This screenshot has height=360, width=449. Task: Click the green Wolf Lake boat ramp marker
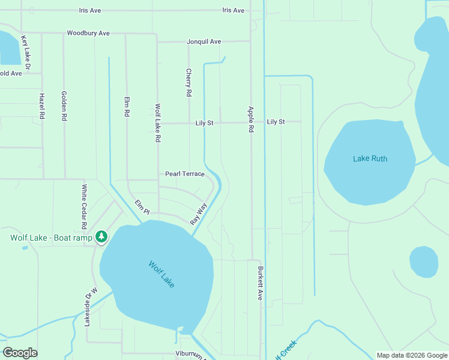[101, 237]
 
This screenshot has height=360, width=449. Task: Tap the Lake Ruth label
[370, 159]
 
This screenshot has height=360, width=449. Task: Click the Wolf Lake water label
[161, 274]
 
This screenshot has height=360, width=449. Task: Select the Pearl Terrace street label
[185, 174]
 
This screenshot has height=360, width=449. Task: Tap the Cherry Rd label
[188, 83]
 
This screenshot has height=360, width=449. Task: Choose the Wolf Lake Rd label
[158, 122]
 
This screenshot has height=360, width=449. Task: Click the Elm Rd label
[127, 107]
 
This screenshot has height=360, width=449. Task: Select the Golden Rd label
[64, 106]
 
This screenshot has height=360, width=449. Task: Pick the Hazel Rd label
[41, 106]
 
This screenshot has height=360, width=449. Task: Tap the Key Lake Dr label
[25, 51]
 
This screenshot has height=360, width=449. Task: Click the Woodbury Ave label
[88, 33]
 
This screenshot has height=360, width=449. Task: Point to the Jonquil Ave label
[204, 41]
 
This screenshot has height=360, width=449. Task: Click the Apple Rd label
[251, 120]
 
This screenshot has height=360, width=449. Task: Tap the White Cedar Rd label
[84, 207]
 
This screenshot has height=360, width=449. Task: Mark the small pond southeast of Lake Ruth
[424, 262]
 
